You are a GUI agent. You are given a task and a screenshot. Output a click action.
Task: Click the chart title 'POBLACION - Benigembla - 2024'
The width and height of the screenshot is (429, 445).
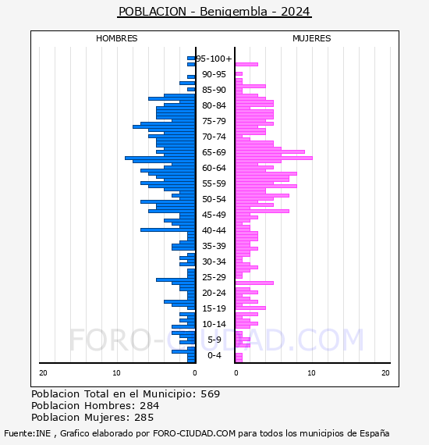(214, 12)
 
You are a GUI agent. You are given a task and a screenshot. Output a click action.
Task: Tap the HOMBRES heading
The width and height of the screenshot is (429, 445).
(116, 38)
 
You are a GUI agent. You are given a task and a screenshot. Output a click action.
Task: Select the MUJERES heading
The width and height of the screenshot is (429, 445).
(312, 38)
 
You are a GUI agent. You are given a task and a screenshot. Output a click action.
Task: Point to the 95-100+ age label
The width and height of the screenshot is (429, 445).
(214, 59)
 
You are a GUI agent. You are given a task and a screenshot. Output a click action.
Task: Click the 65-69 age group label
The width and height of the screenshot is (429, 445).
(214, 152)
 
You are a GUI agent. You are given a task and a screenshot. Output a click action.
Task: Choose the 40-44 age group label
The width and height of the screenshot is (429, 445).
(214, 230)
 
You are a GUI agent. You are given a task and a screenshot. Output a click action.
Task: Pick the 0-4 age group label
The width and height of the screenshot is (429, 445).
(214, 355)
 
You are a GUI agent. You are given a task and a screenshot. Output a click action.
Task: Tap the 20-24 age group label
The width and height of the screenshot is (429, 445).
(214, 293)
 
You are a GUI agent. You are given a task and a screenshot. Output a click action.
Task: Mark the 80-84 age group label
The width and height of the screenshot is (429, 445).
(214, 105)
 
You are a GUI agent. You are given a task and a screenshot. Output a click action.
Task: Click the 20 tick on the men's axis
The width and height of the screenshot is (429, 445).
(43, 373)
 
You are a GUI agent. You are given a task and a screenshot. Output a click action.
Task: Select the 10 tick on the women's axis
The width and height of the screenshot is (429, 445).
(312, 373)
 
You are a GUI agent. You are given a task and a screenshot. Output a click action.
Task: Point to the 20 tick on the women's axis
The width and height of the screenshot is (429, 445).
(385, 373)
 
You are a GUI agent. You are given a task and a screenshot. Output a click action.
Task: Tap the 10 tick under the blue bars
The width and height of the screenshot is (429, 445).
(116, 373)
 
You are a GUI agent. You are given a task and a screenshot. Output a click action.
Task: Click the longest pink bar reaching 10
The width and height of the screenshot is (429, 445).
(274, 158)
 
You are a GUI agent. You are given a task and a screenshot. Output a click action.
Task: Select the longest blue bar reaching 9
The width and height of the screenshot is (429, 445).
(160, 158)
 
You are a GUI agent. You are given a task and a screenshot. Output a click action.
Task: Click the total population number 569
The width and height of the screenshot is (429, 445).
(211, 394)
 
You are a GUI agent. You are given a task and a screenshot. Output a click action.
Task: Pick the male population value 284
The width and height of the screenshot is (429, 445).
(150, 406)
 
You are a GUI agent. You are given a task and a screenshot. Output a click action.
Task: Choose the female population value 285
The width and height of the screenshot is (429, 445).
(144, 418)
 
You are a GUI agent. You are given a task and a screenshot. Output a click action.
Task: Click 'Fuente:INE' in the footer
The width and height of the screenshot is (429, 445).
(27, 433)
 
